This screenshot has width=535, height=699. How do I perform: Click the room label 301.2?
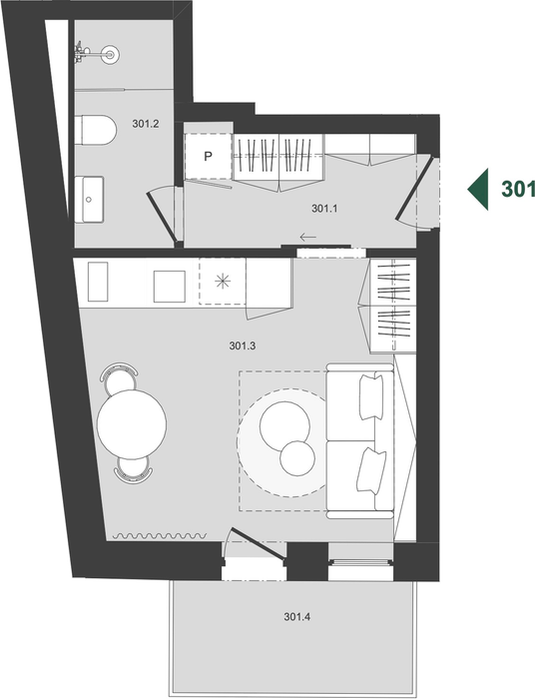[x=145, y=124]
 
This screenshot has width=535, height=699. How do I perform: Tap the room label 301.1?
[x=324, y=208]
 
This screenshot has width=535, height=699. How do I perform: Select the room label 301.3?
[x=243, y=346]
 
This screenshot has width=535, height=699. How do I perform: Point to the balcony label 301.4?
[x=297, y=617]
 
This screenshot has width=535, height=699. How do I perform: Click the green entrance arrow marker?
[x=478, y=189]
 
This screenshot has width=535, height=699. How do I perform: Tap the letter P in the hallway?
[x=208, y=157]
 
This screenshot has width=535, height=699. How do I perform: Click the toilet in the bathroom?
[x=96, y=130]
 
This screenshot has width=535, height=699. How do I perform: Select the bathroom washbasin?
[x=89, y=200]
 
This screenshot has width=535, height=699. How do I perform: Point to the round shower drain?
[x=110, y=54]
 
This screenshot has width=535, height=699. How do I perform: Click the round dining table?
[x=132, y=424]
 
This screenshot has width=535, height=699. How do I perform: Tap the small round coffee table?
[x=297, y=458]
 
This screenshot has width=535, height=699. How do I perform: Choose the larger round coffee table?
[x=284, y=425]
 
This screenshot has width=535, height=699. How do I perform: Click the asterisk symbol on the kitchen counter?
[x=223, y=282]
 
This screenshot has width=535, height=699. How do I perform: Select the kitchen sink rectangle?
[x=170, y=287]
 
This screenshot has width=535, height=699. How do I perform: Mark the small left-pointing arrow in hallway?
[x=307, y=238]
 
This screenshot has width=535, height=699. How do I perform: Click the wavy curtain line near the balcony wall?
[x=160, y=535]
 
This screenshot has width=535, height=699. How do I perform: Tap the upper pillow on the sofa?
[x=371, y=396]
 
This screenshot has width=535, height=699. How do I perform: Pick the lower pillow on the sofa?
[x=370, y=470]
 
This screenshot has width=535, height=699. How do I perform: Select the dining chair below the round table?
[x=133, y=470]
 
